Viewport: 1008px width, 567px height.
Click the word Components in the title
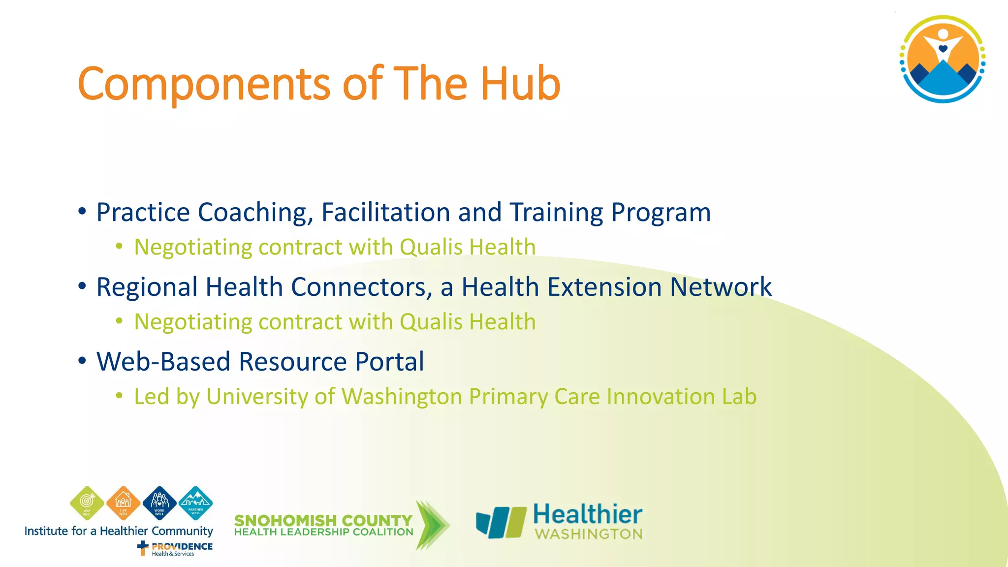coord(204,85)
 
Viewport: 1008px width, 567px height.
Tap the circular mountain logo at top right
coord(942,59)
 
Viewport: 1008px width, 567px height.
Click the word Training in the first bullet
coord(556,213)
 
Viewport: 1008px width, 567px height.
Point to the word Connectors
coord(361,287)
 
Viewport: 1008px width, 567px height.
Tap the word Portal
coord(389,362)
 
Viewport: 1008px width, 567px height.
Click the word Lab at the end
coord(739,397)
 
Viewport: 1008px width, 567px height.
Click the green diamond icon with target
coord(87,503)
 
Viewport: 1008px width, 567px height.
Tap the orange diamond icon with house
coord(123,503)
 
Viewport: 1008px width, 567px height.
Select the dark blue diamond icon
coord(159,503)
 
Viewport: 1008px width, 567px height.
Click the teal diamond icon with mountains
coord(195,503)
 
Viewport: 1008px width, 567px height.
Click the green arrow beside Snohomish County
coord(432,525)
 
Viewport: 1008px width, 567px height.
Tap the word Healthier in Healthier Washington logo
coord(587,514)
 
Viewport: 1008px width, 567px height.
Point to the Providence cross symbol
coord(143,547)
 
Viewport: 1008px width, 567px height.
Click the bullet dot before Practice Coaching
coord(82,212)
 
